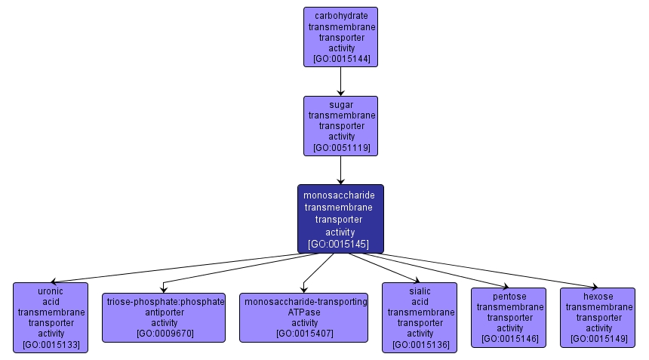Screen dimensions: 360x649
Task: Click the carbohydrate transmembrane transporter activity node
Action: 340,37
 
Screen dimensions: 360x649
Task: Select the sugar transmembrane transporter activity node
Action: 340,126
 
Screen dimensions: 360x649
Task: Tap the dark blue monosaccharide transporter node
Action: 340,219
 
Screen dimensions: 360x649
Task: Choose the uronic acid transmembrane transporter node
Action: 51,317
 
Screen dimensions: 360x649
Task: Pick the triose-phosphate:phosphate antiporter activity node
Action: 164,317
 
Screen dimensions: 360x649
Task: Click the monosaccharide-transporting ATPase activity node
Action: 304,317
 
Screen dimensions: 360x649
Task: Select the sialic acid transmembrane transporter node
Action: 420,317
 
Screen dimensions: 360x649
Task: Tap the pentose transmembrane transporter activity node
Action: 510,317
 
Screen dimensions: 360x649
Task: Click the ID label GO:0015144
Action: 341,59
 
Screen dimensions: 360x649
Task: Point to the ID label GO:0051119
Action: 341,148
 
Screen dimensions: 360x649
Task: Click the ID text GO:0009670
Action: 164,334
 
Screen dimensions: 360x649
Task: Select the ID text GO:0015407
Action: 304,334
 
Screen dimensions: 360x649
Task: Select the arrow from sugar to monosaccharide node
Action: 341,170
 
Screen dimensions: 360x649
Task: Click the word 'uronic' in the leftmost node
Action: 51,291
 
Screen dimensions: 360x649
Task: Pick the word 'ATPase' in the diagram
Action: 304,312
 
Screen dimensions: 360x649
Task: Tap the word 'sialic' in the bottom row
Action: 420,291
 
